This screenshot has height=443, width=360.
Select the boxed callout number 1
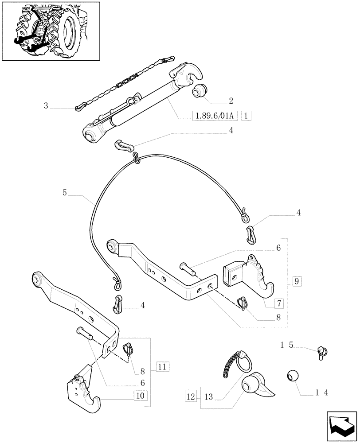click(247, 116)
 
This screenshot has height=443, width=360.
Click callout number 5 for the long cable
click(65, 193)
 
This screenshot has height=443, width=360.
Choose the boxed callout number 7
click(279, 303)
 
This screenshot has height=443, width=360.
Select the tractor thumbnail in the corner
click(51, 31)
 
